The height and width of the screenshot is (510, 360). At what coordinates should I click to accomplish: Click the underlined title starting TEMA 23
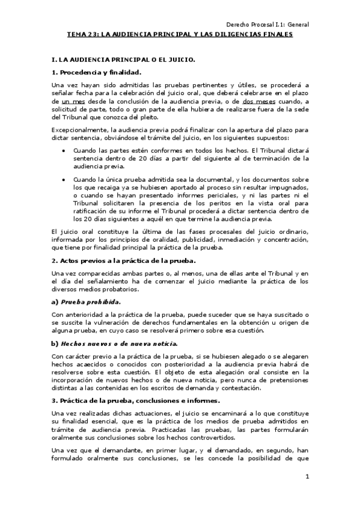coord(180,35)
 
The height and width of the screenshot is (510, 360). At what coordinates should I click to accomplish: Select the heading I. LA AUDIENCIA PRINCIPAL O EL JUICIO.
coord(123,61)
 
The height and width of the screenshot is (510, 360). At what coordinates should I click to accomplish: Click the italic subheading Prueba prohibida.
coord(90,301)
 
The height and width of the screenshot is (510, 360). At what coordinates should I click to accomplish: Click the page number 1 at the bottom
coord(307,477)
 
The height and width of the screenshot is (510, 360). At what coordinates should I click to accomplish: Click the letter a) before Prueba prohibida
coord(55,301)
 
